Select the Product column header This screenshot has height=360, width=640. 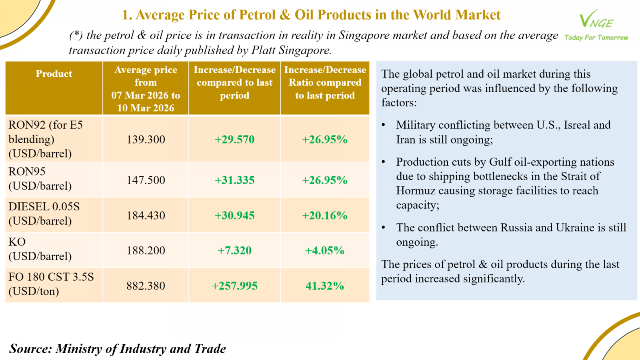[x=54, y=74]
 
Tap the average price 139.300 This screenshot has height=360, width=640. [x=146, y=140]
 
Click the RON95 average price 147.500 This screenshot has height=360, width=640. [x=146, y=180]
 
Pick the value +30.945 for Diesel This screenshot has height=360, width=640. [x=234, y=216]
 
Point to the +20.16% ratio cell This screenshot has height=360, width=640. [x=324, y=216]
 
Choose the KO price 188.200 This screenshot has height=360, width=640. [x=146, y=251]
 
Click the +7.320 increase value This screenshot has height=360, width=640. [x=234, y=251]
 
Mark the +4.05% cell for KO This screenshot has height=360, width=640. [x=324, y=251]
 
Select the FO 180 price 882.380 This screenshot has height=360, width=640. [x=146, y=286]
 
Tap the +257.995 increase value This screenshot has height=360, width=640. [x=234, y=286]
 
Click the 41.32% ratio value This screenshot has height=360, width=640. [x=324, y=286]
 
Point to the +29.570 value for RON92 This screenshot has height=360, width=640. [x=234, y=140]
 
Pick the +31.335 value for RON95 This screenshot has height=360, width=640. [x=234, y=180]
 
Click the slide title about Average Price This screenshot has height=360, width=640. [x=311, y=15]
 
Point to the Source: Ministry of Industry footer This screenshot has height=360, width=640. [x=118, y=349]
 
